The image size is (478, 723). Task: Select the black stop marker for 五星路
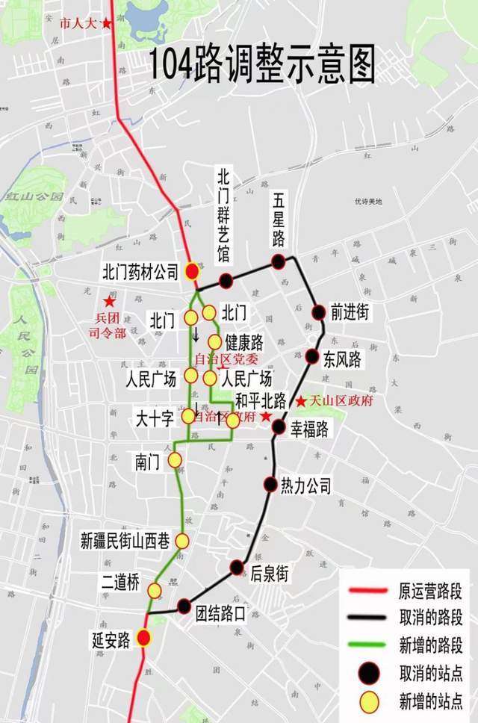pos(278,261)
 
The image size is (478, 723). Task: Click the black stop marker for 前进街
pos(318,312)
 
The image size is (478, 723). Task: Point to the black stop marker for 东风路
pos(312,356)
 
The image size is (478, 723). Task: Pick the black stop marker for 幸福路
pos(279,426)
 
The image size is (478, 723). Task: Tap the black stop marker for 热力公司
pos(270,484)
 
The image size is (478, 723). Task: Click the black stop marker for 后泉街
pos(238,567)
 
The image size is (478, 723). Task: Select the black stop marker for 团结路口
pos(184,606)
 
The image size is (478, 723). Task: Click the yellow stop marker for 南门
pos(175,460)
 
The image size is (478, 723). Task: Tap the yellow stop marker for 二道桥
pos(155,591)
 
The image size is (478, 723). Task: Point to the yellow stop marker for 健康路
pos(215,342)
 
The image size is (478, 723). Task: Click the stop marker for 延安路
pos(143,638)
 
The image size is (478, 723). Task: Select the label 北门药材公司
pos(142,273)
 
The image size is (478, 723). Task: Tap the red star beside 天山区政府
pos(300,402)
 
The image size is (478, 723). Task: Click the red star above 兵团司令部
pos(110,302)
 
